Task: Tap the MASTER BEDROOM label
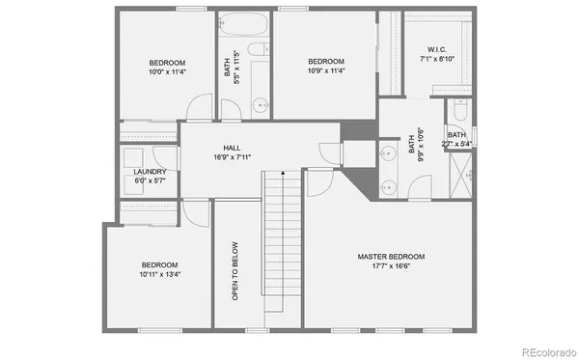(x=391, y=257)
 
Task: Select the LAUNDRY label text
(x=150, y=172)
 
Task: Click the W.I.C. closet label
(x=436, y=50)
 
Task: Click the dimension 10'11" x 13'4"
(x=160, y=274)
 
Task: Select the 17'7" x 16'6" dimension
(x=391, y=266)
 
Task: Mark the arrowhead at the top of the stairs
(x=282, y=172)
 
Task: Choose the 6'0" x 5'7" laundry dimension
(x=150, y=181)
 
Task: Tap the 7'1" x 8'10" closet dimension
(x=436, y=60)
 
